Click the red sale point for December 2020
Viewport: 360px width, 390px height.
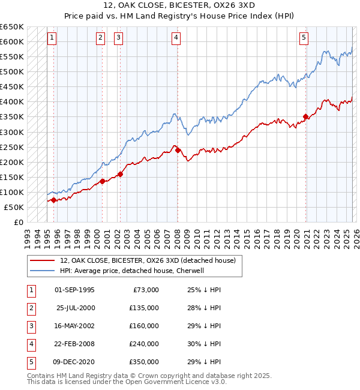tap(305, 116)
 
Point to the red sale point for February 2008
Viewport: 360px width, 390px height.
tap(178, 149)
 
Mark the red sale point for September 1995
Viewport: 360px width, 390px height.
tap(53, 200)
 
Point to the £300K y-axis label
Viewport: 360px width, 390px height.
tap(12, 132)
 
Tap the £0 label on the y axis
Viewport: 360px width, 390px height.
tap(18, 223)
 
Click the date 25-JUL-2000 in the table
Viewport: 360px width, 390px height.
tap(75, 308)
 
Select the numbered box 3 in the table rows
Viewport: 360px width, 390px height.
tap(30, 326)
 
